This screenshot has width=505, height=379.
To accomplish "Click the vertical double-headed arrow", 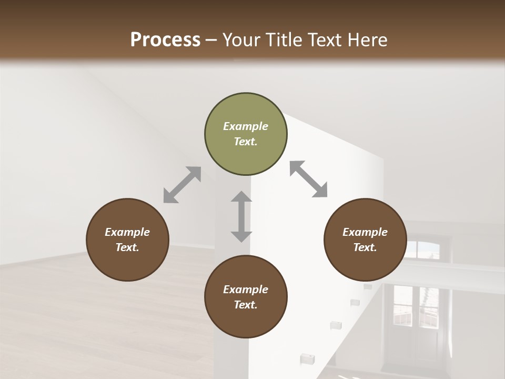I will click(x=241, y=216).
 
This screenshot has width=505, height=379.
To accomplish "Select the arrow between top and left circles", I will click(x=182, y=184).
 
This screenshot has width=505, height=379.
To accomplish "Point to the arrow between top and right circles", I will click(x=308, y=179).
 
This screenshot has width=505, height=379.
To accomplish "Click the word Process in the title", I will click(x=165, y=39).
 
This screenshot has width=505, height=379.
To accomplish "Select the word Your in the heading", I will click(x=240, y=39).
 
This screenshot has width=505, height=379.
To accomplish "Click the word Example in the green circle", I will click(x=246, y=126).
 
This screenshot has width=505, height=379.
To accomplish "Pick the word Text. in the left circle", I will click(x=127, y=247).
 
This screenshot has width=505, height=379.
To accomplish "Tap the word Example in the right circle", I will click(x=365, y=232).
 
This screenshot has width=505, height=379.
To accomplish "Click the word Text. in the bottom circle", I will click(x=246, y=305).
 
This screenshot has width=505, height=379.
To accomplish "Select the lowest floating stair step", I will click(x=305, y=358).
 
